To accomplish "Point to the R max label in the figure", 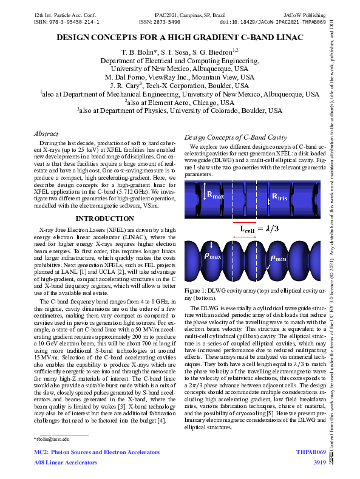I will click(x=216, y=195).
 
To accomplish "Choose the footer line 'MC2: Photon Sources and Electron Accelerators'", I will click(x=97, y=453).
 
